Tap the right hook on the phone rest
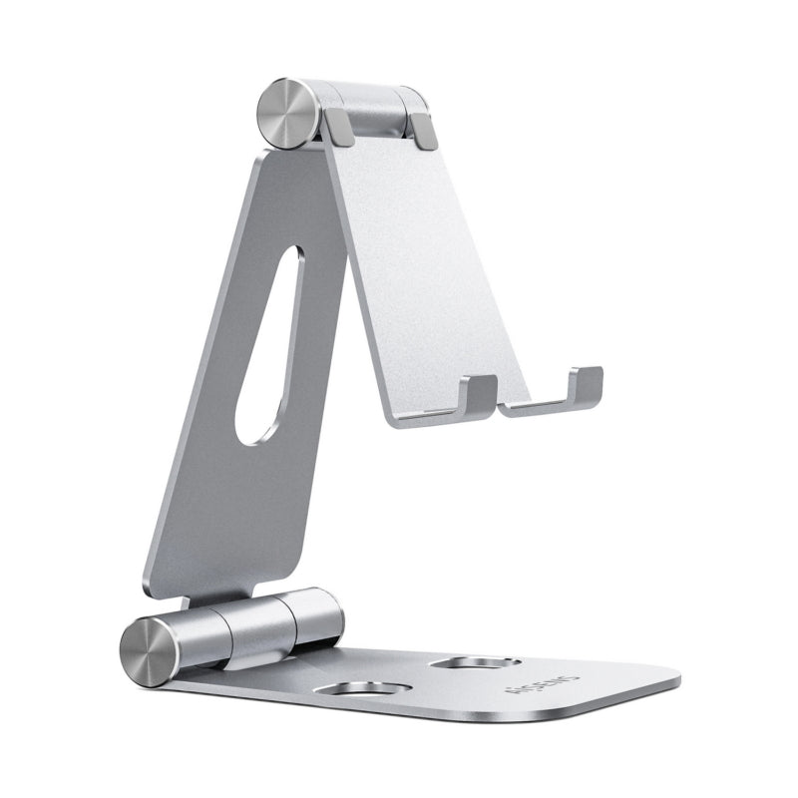coord(584,383)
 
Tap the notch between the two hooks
coord(499,407)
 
